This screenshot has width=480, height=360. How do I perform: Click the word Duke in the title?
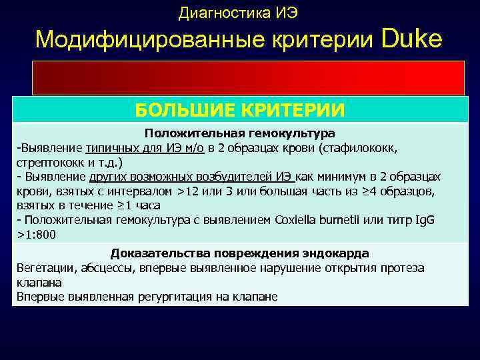coord(412,39)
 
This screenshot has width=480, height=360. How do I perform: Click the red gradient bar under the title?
coord(248,77)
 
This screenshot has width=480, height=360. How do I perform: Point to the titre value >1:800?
coord(37,235)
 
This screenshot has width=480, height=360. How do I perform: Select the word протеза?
coord(403,268)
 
